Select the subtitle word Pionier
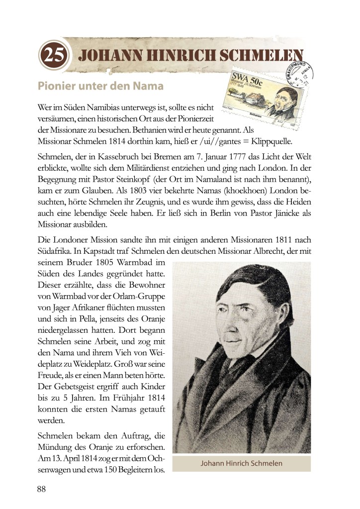[56, 86]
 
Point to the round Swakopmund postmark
[296, 75]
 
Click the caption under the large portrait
[241, 463]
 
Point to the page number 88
[41, 489]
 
